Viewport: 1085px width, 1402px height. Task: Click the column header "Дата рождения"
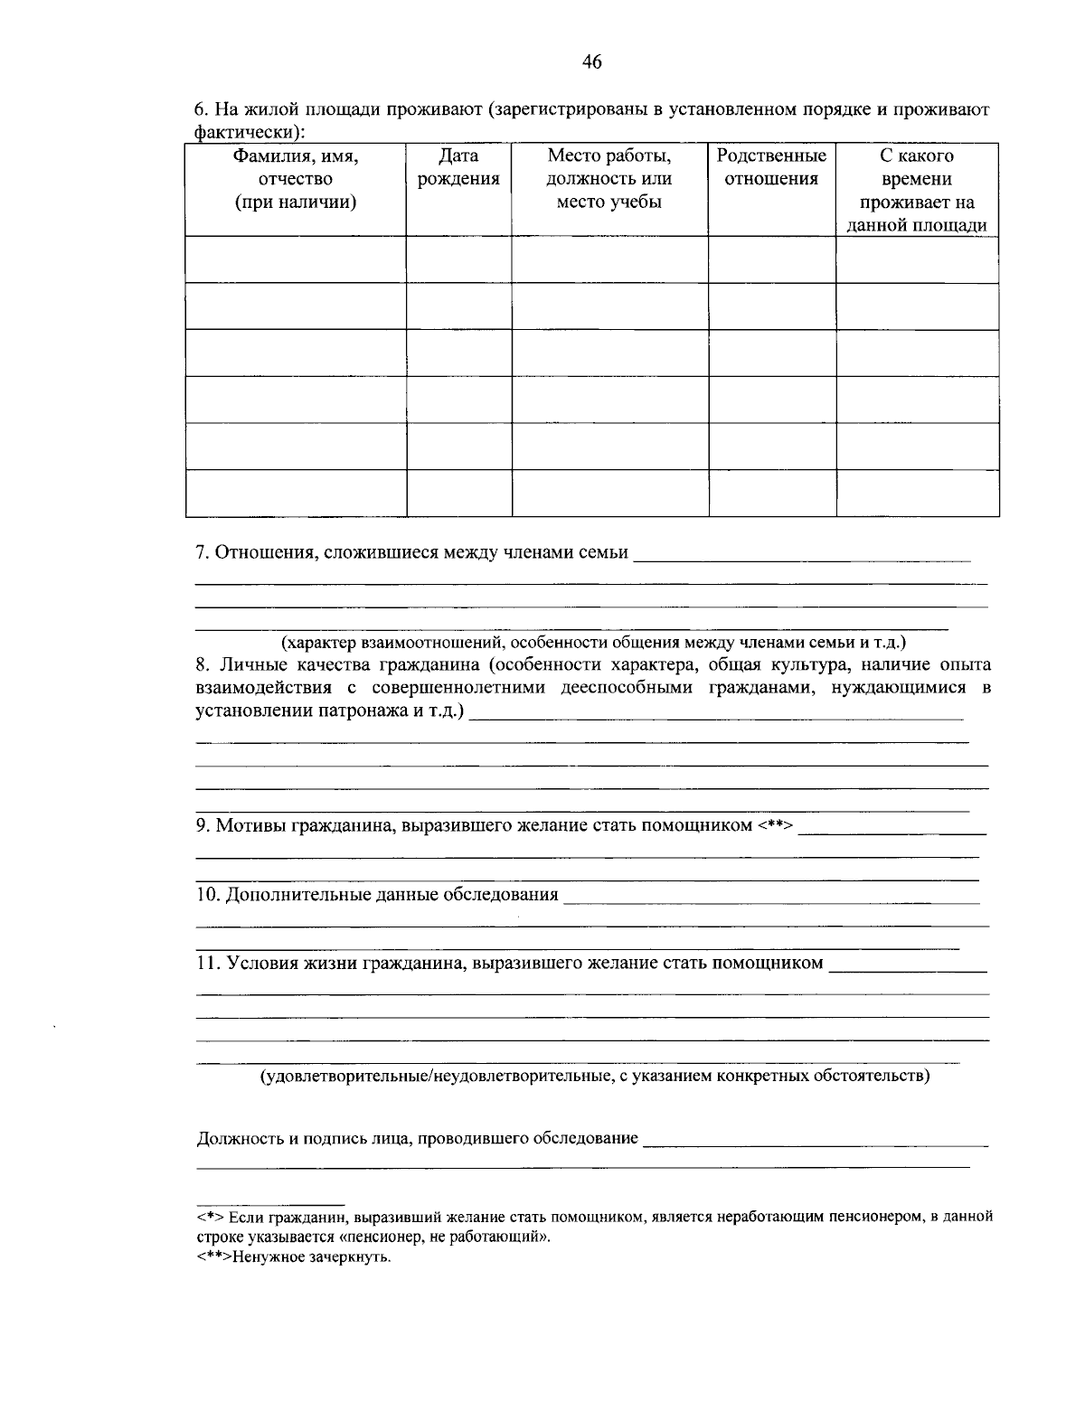(458, 167)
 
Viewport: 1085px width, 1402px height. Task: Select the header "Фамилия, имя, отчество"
(296, 179)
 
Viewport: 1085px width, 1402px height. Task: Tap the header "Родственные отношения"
(771, 167)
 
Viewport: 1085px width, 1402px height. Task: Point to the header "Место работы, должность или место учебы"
(609, 179)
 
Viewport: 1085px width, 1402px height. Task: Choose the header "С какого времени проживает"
(917, 191)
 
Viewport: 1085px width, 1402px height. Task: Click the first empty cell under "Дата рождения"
(458, 259)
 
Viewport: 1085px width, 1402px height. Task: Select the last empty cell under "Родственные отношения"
(771, 493)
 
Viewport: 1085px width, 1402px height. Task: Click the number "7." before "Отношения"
(203, 552)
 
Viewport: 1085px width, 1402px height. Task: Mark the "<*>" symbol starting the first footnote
(211, 1218)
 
